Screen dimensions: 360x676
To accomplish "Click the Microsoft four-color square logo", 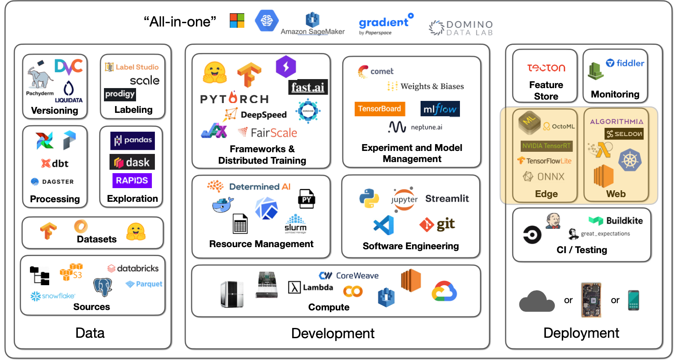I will click(237, 21).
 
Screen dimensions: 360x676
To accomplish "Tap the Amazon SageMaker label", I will click(312, 31).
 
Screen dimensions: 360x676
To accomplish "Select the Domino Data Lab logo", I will click(461, 28).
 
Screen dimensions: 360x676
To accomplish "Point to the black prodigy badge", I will click(120, 94).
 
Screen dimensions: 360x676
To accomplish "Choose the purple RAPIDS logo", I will click(132, 180).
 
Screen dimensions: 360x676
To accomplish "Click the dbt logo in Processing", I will click(55, 163).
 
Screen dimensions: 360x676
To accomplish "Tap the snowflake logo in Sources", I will click(53, 295).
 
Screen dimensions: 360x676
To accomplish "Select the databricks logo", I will click(133, 268).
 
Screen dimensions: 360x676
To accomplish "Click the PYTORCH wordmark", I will click(234, 99).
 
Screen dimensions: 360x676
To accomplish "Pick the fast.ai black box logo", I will click(308, 87).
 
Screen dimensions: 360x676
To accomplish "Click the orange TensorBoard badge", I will click(380, 109).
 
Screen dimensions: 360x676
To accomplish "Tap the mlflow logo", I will click(440, 109).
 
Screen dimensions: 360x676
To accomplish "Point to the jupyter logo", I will click(404, 199).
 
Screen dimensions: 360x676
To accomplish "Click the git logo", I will click(437, 224).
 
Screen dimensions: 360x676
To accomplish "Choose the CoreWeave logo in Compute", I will click(349, 276).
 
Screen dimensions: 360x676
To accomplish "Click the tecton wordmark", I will click(546, 68).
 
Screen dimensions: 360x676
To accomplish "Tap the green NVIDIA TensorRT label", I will click(546, 146).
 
